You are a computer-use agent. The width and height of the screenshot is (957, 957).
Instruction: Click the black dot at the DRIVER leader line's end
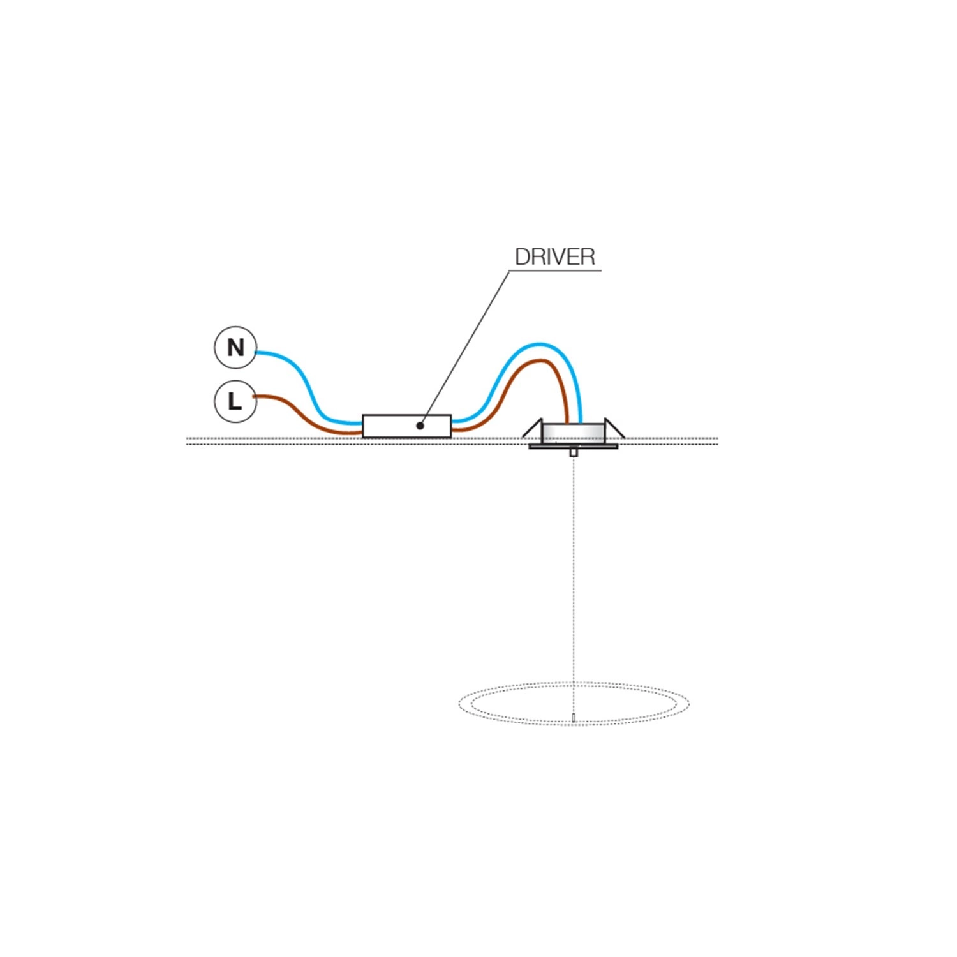tap(420, 425)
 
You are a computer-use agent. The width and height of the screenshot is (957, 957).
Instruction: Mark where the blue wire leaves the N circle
tap(256, 352)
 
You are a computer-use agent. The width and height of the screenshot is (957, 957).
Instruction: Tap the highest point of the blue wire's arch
tap(540, 345)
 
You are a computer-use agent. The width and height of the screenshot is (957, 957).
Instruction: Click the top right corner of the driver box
tap(452, 415)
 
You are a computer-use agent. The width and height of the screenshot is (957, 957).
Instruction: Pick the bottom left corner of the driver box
tap(362, 438)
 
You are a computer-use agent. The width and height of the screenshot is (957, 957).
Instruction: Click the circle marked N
tap(235, 348)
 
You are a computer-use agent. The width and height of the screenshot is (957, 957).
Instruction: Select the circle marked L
tap(235, 402)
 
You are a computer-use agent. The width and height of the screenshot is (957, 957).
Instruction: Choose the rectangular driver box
tap(407, 426)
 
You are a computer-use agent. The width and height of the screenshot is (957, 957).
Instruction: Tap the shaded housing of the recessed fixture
tap(574, 434)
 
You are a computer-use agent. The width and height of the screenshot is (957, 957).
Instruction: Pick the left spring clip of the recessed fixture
tap(533, 428)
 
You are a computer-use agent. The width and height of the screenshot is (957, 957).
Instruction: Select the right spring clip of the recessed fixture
tap(614, 428)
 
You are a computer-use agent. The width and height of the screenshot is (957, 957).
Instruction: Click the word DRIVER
tap(555, 257)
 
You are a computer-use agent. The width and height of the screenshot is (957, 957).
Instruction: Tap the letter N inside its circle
tap(235, 348)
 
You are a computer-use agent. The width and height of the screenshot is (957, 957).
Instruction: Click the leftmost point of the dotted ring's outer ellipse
tap(459, 704)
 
